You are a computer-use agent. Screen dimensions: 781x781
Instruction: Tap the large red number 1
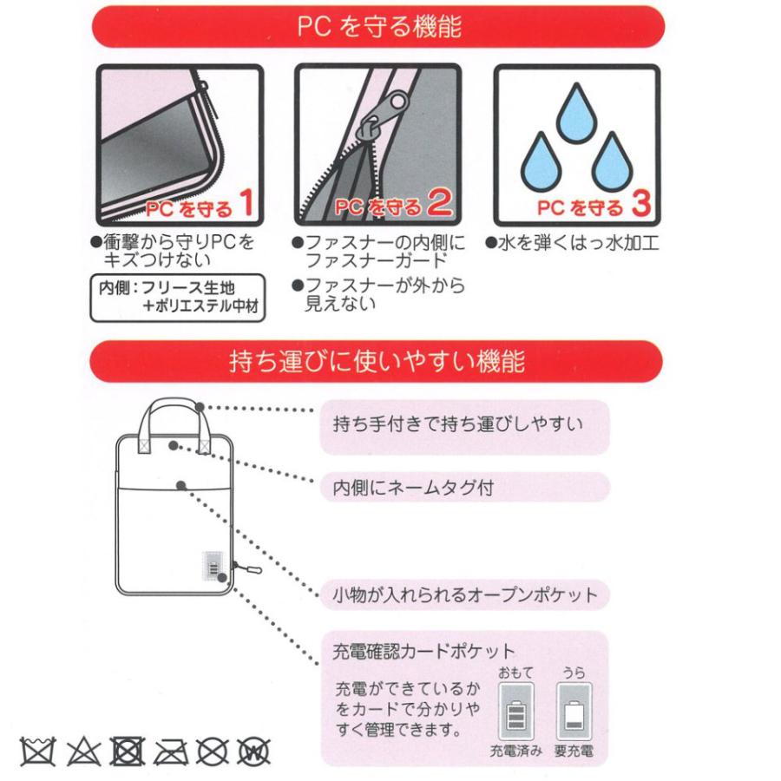click(245, 204)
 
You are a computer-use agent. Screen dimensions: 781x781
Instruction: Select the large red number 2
click(441, 204)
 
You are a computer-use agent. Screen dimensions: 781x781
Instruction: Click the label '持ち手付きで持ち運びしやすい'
click(457, 425)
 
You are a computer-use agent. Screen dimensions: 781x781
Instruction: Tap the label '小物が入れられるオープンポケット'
click(465, 595)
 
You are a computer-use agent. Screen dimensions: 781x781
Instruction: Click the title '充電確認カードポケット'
click(424, 650)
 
